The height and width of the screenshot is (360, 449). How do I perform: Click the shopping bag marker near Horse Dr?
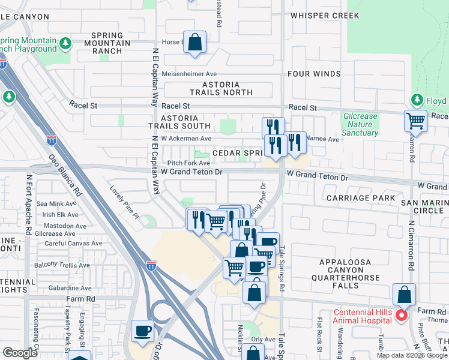tap(194, 43)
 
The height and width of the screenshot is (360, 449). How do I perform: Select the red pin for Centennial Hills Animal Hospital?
tap(402, 314)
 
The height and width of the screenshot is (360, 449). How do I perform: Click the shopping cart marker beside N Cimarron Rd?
tap(415, 120)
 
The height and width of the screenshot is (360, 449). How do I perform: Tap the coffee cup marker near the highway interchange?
tap(142, 331)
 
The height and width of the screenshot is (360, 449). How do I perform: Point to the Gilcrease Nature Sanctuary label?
tap(361, 124)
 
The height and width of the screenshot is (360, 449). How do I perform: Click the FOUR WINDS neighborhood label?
tap(314, 74)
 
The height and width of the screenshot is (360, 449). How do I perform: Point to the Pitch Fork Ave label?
tap(188, 163)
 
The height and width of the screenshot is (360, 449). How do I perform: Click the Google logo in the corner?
tap(20, 353)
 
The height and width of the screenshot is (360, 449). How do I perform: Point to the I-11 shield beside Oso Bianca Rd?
tap(52, 141)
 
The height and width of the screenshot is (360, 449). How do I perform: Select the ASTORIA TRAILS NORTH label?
tap(221, 89)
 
